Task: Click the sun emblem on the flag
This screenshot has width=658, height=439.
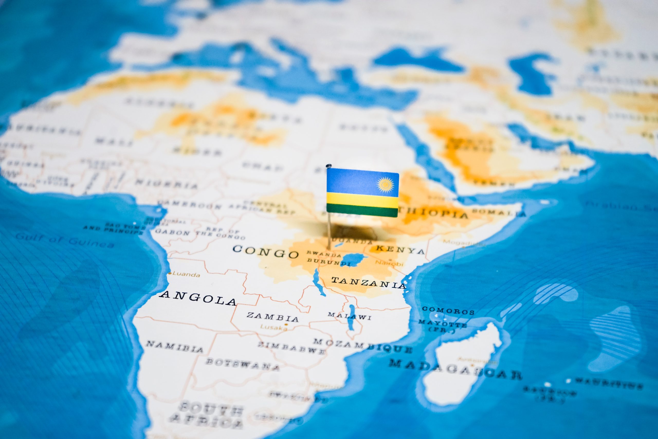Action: point(385,184)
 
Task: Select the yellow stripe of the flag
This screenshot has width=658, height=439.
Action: point(362,199)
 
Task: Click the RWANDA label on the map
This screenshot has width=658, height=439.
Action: point(324,254)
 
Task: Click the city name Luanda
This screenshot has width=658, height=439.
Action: point(186,274)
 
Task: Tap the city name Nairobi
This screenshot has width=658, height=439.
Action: point(389,263)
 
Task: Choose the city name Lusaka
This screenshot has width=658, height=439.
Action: point(273,327)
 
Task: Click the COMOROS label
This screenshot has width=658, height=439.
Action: point(448,310)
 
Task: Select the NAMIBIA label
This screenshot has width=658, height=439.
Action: point(175,347)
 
